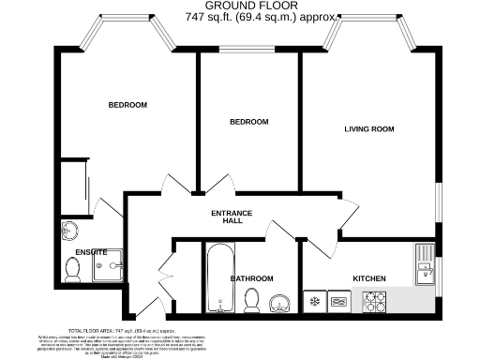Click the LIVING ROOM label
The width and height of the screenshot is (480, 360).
point(368,128)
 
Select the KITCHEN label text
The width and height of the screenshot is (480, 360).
point(368,278)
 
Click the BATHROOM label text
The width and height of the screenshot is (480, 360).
point(251,278)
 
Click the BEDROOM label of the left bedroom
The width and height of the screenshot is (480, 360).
point(127,105)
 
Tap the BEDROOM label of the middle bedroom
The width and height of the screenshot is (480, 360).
point(249,122)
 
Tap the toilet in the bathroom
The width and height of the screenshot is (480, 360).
point(250,299)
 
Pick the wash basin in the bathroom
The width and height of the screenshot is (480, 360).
point(279,301)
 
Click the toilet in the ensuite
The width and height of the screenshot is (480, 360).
point(73,268)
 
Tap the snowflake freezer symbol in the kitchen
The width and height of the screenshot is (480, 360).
point(315,302)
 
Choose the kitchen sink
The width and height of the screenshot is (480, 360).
point(425,263)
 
